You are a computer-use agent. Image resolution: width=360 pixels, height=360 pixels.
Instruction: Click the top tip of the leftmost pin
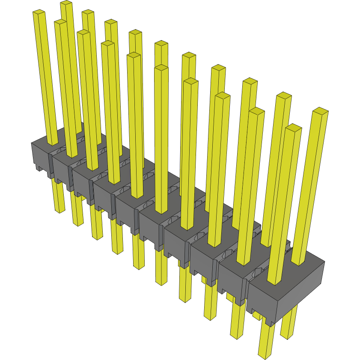[39, 12]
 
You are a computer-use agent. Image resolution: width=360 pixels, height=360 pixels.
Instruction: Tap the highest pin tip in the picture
[66, 3]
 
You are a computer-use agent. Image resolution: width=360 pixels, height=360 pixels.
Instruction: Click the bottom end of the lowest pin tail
[265, 355]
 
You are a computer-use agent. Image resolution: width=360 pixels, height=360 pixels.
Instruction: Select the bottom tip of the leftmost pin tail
[60, 211]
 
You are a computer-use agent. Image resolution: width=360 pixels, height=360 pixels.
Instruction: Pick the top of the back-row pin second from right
[250, 81]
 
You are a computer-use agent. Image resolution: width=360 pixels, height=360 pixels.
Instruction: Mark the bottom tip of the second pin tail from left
[78, 223]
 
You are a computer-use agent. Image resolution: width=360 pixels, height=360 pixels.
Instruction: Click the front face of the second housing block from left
[62, 169]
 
